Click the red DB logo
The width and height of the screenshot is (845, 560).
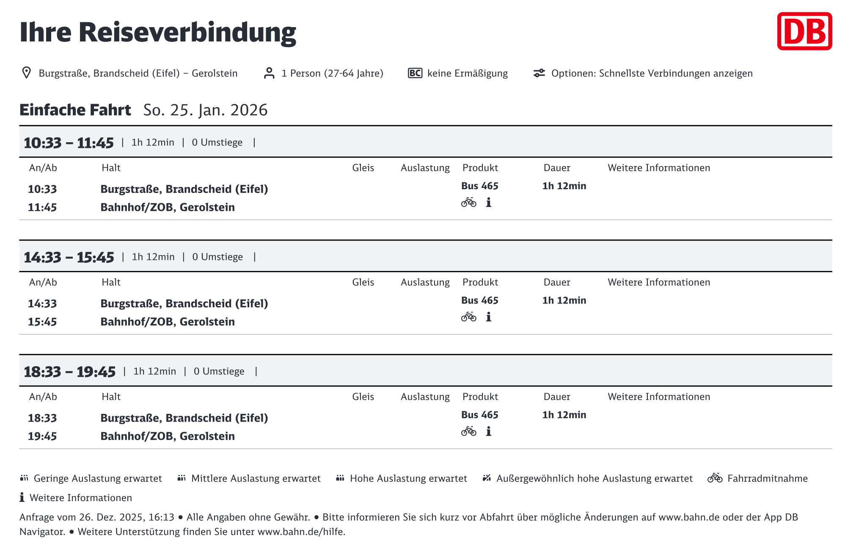click(804, 31)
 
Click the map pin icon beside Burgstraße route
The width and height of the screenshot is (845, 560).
click(26, 73)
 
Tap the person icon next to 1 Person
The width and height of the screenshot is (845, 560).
click(269, 73)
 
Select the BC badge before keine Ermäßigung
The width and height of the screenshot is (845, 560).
click(415, 73)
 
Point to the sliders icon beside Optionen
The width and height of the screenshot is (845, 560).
click(539, 73)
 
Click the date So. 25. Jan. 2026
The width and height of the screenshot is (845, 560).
click(205, 110)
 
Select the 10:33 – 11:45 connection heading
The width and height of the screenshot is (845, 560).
click(69, 143)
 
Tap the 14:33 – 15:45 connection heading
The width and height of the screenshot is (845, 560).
click(69, 257)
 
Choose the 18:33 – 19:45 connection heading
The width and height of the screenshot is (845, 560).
click(69, 372)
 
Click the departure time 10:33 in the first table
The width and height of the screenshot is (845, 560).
click(42, 189)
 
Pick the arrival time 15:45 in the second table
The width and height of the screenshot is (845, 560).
click(42, 322)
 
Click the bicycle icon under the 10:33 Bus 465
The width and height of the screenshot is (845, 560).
click(468, 203)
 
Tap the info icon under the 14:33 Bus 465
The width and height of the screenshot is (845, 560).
click(488, 317)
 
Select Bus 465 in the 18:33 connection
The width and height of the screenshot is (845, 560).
click(479, 415)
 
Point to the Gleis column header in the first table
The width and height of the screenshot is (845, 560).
click(363, 168)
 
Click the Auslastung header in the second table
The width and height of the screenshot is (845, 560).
click(425, 282)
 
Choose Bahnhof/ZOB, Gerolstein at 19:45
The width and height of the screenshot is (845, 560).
click(168, 436)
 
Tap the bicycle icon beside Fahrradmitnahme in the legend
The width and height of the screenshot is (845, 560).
click(715, 478)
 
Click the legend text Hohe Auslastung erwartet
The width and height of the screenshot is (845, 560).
click(408, 479)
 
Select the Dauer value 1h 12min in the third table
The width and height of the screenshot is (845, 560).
click(564, 415)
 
